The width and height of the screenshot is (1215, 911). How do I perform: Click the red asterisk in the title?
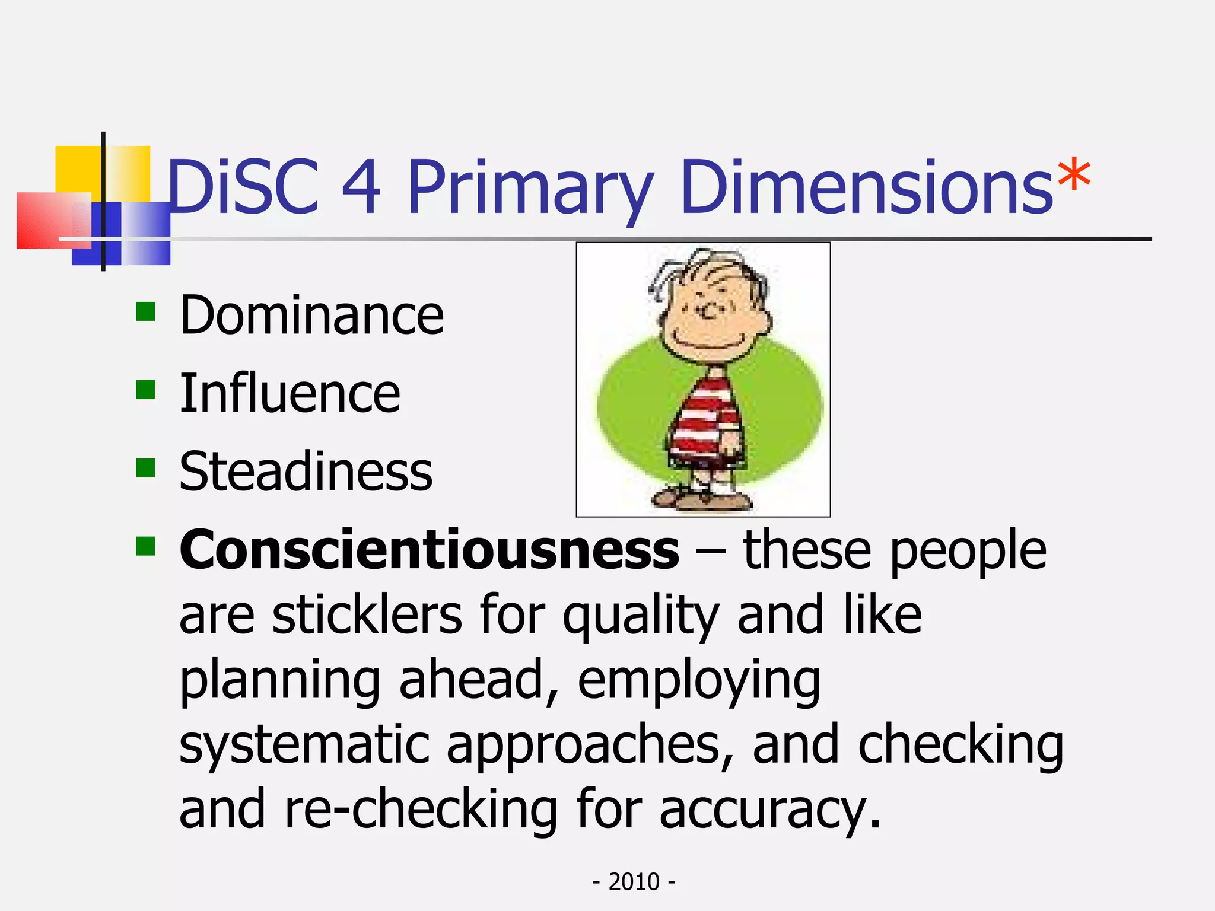(x=1073, y=175)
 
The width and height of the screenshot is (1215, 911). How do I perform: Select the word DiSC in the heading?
(x=243, y=187)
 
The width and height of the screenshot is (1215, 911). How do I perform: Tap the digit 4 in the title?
(x=361, y=187)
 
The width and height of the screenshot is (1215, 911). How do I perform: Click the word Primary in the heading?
(x=531, y=190)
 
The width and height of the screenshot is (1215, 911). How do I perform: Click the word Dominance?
(x=311, y=315)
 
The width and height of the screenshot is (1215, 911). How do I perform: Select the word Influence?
(x=290, y=393)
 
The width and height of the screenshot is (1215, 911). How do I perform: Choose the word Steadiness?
(x=306, y=472)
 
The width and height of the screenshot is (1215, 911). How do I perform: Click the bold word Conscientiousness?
(x=429, y=550)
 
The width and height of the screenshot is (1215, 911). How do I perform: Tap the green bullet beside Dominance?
(x=145, y=311)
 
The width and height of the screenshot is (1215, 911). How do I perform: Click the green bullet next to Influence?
(x=145, y=390)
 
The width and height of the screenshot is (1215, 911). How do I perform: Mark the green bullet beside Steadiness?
(x=145, y=468)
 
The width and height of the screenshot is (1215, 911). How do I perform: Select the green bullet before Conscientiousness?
(x=145, y=546)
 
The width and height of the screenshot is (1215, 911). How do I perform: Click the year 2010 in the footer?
(x=634, y=882)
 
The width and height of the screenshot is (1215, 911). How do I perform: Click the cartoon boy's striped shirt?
(x=706, y=415)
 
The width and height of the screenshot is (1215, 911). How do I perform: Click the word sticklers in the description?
(x=367, y=615)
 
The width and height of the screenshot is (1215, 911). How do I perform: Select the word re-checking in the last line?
(x=421, y=809)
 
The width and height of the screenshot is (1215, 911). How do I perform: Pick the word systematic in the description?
(x=304, y=744)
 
